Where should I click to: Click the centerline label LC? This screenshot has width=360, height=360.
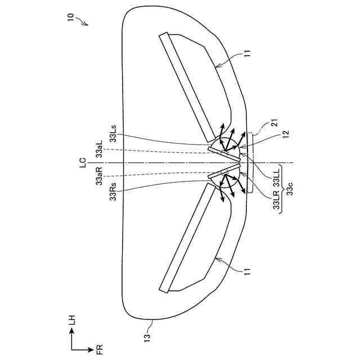pyautogui.click(x=83, y=163)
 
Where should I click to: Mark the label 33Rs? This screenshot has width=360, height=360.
pyautogui.click(x=114, y=191)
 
